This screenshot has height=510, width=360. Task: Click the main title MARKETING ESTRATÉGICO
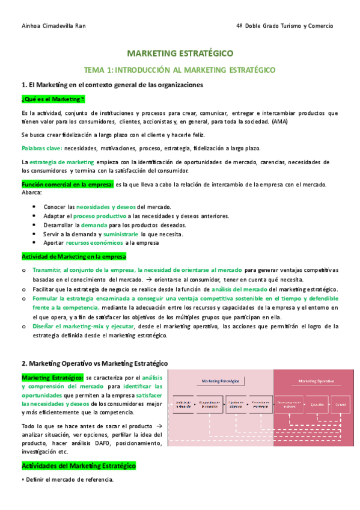pyautogui.click(x=180, y=54)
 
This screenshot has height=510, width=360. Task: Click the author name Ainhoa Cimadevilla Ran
pyautogui.click(x=49, y=26)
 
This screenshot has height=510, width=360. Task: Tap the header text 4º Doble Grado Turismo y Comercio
pyautogui.click(x=285, y=26)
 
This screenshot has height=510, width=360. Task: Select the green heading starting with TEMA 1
pyautogui.click(x=180, y=70)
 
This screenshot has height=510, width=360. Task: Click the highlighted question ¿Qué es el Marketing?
pyautogui.click(x=53, y=99)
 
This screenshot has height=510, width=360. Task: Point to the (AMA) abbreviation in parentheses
pyautogui.click(x=279, y=121)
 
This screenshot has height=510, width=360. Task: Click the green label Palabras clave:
pyautogui.click(x=41, y=148)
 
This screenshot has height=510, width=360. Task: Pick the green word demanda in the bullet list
pyautogui.click(x=94, y=224)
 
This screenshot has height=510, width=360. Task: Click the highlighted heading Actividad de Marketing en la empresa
pyautogui.click(x=73, y=256)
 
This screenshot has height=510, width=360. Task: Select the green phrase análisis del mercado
pyautogui.click(x=239, y=289)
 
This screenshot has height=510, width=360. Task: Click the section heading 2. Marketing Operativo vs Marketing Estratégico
pyautogui.click(x=94, y=363)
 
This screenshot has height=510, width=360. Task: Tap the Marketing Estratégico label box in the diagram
pyautogui.click(x=221, y=381)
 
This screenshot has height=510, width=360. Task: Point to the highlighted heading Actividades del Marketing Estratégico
pyautogui.click(x=78, y=465)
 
